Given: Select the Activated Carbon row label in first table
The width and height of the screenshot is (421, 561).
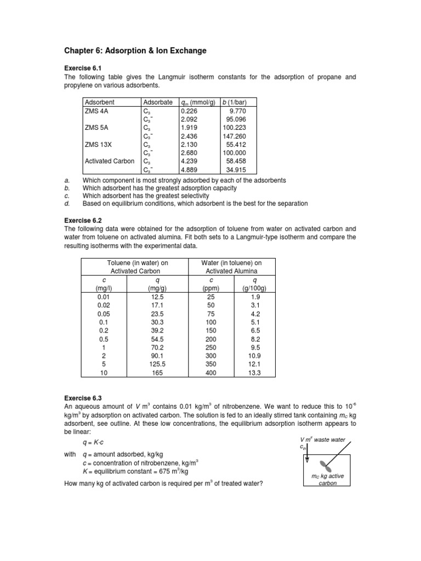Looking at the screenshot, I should point(110,162).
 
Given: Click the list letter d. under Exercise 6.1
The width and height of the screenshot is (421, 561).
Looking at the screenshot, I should point(66,203).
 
